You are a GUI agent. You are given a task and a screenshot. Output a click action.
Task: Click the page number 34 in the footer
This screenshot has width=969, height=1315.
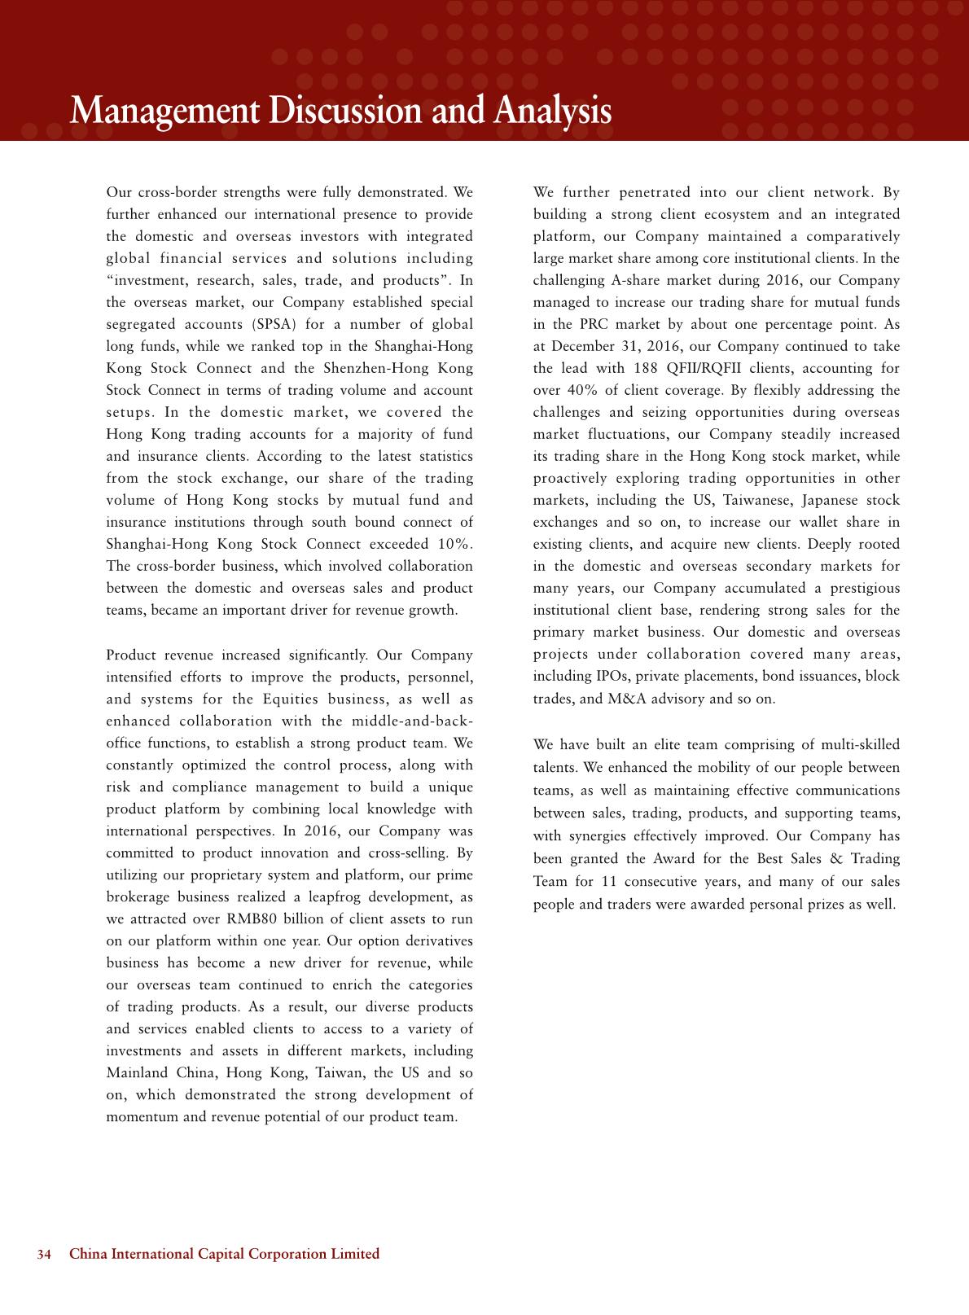pos(45,1254)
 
